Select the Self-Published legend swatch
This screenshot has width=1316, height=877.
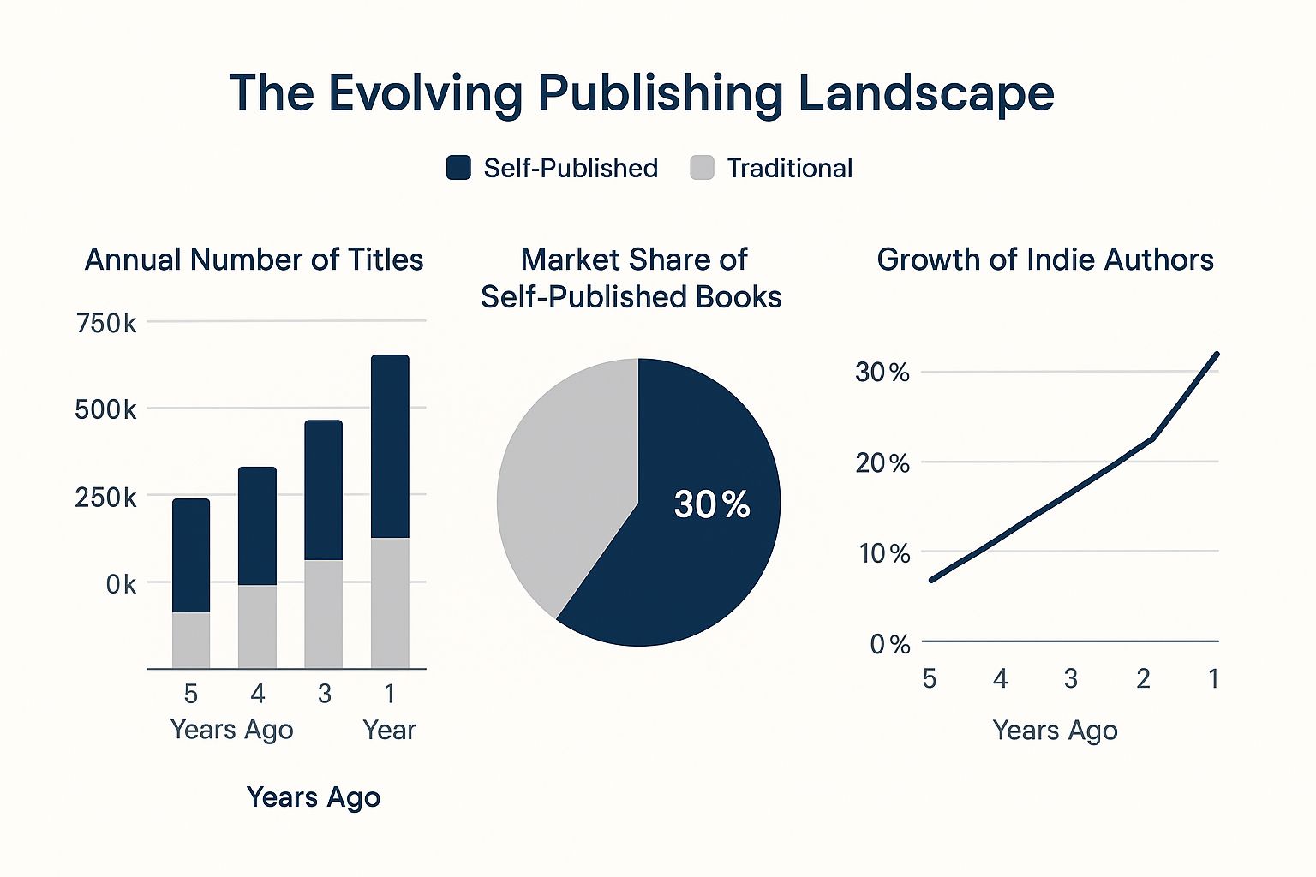[458, 168]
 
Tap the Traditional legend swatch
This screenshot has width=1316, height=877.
[702, 168]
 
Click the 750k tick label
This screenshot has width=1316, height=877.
[105, 324]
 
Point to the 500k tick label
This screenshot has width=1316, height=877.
[105, 409]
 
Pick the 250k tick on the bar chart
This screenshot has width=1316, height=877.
[105, 498]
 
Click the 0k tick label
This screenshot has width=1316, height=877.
[120, 584]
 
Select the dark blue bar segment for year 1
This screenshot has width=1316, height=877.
[390, 445]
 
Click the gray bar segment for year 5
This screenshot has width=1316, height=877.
[191, 640]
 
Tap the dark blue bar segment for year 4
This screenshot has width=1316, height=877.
[257, 526]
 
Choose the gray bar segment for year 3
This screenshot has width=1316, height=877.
[324, 613]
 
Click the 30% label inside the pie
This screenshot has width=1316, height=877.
[711, 504]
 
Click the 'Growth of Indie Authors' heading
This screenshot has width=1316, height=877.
[1045, 260]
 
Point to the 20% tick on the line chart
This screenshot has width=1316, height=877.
[882, 463]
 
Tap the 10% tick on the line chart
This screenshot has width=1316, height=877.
[884, 553]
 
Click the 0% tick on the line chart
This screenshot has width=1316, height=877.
[889, 644]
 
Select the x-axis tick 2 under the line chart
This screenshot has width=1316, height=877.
[1143, 678]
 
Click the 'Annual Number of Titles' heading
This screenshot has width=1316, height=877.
[254, 260]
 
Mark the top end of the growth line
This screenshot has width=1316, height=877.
[1217, 354]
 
